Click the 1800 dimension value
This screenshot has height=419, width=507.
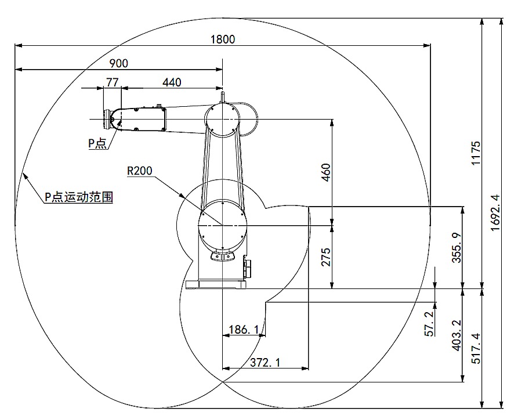(223, 39)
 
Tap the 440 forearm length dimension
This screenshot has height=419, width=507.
(171, 82)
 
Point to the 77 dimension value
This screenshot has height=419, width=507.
(112, 82)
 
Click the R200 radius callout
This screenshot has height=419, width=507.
(139, 171)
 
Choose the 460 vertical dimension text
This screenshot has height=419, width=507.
(325, 173)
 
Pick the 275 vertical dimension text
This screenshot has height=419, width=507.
(325, 256)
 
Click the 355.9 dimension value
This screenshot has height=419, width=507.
(456, 248)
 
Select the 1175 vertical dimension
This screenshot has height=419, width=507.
(476, 153)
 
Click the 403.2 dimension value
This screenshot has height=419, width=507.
(456, 336)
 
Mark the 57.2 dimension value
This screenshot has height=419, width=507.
(429, 324)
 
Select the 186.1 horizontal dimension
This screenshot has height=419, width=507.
(243, 330)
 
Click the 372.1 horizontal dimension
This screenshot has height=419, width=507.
(265, 363)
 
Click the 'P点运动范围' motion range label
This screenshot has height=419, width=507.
(78, 197)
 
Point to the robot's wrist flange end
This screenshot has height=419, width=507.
(107, 118)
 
